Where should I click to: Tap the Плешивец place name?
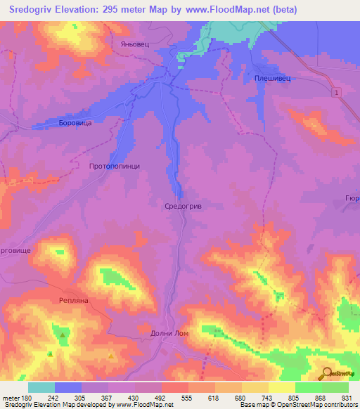pyautogui.click(x=273, y=79)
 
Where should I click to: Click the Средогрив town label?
pyautogui.click(x=183, y=206)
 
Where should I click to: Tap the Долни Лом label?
pyautogui.click(x=169, y=332)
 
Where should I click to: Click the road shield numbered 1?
pyautogui.click(x=337, y=93)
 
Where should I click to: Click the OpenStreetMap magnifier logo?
pyautogui.click(x=326, y=372)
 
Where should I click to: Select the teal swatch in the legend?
pyautogui.click(x=41, y=387)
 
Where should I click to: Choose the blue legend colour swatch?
pyautogui.click(x=68, y=387)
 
